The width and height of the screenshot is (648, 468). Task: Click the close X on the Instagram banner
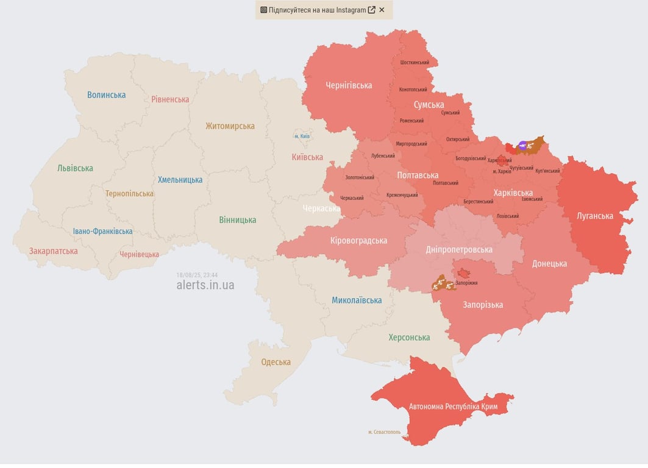(382, 10)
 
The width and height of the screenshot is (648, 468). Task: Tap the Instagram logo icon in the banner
(264, 10)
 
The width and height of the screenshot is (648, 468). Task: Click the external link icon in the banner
(371, 10)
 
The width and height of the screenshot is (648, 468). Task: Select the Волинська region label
(106, 94)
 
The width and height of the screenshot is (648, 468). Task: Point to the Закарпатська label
(54, 250)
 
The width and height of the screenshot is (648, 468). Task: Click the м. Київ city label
(302, 136)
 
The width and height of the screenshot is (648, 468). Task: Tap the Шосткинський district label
(415, 62)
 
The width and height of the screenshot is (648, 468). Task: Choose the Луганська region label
(595, 216)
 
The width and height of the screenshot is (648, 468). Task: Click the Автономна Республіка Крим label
(453, 406)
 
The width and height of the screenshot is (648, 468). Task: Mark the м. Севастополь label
(384, 432)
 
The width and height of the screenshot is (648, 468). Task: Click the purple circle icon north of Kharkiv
(522, 145)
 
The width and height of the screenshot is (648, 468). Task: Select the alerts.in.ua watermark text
(205, 285)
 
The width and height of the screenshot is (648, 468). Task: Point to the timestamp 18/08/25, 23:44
(197, 275)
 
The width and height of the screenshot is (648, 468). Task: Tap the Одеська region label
(276, 362)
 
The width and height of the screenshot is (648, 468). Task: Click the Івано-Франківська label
(102, 231)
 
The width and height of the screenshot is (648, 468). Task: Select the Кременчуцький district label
(402, 195)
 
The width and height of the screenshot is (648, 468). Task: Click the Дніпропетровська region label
(458, 249)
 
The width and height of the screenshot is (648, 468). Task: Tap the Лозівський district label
(507, 216)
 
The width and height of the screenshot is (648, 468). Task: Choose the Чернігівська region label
(349, 85)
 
